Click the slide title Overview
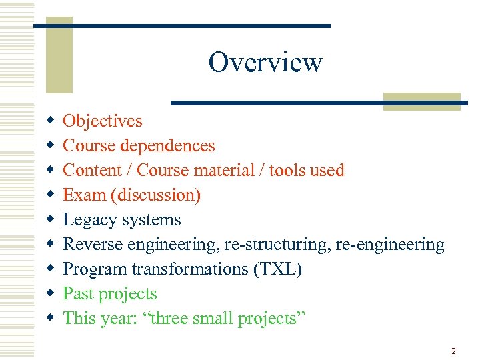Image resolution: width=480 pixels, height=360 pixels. (x=265, y=63)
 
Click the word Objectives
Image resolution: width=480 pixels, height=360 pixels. (x=102, y=121)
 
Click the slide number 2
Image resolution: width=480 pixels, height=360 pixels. (x=453, y=351)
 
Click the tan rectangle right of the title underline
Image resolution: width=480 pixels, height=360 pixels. (x=421, y=100)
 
